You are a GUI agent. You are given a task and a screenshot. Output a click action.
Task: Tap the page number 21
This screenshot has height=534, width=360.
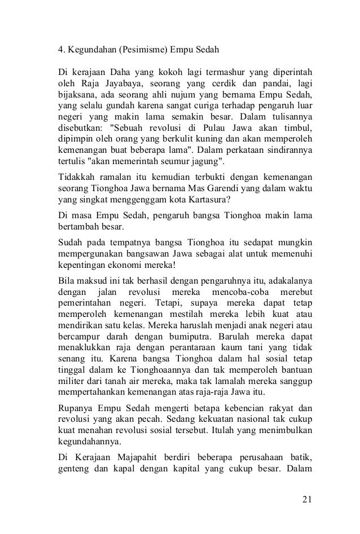tap(307, 499)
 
